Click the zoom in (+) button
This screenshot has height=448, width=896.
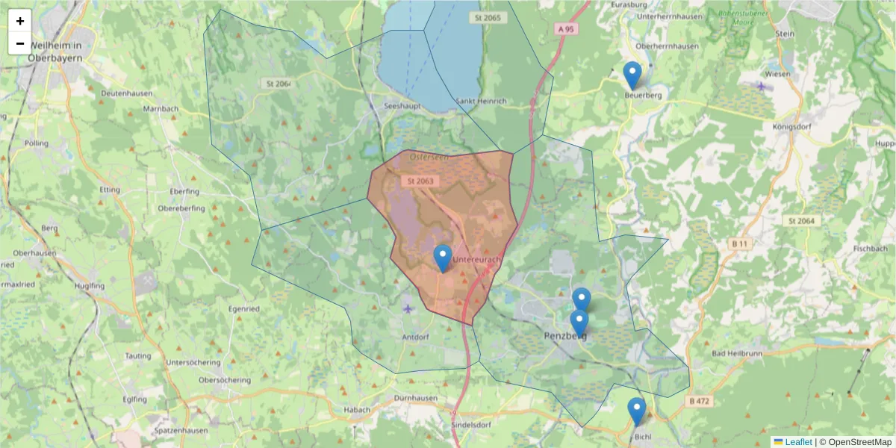click(x=20, y=21)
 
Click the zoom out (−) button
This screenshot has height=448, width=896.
click(x=20, y=43)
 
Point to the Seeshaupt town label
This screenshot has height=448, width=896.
click(x=402, y=107)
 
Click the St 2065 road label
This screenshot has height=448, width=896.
click(x=485, y=16)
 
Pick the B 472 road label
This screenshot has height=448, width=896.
click(x=700, y=401)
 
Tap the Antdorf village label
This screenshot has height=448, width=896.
click(x=417, y=337)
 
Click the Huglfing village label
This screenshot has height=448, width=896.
click(x=90, y=285)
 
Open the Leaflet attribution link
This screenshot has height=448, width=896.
click(x=797, y=442)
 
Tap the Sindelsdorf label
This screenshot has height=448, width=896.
click(x=470, y=425)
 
